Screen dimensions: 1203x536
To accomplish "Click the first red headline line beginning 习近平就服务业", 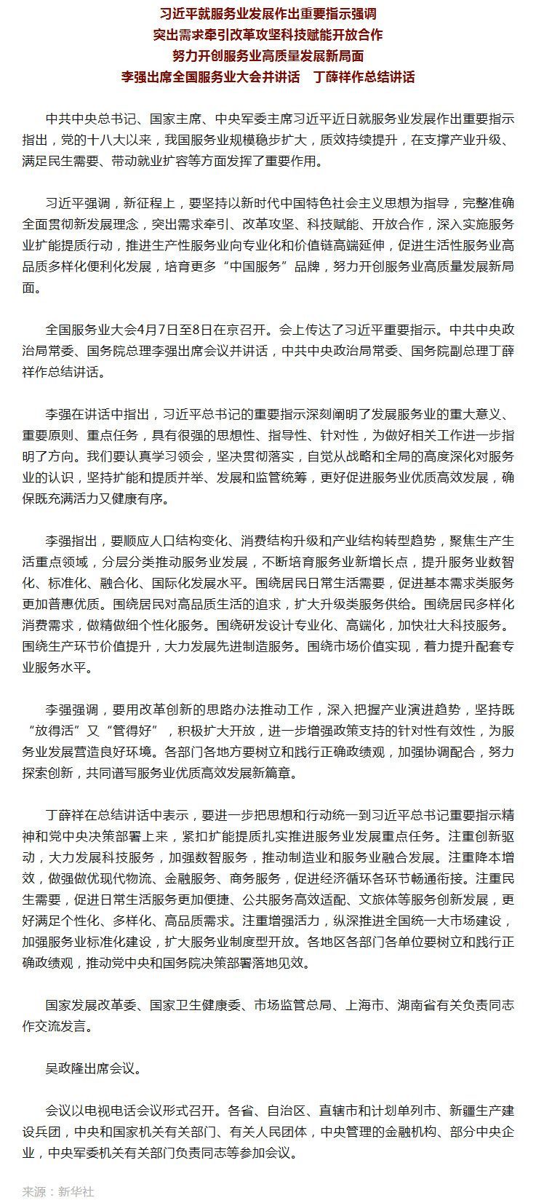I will tap(268, 14).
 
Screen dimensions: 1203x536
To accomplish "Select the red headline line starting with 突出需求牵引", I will tap(268, 35).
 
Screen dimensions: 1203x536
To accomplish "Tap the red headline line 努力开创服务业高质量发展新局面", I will tap(268, 56).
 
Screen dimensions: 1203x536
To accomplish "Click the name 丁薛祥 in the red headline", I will tap(332, 77).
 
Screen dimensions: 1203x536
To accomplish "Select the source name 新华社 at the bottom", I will tap(76, 1191).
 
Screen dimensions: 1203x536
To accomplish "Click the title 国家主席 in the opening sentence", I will tap(176, 119).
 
